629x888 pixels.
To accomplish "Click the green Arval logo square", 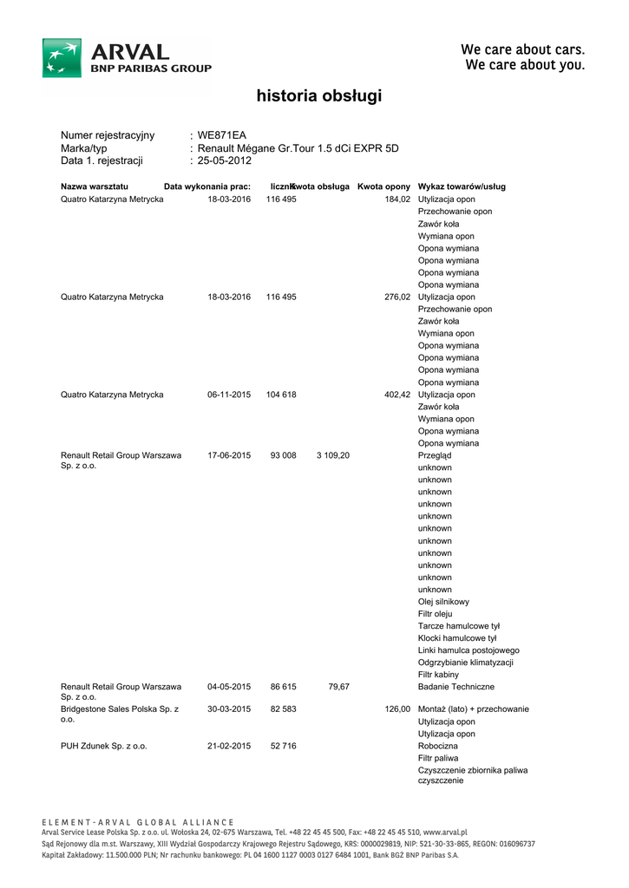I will (62, 57).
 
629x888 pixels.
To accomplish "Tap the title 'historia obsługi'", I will (318, 96).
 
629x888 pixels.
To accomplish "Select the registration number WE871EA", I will (222, 135).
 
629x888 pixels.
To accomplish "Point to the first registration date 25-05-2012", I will (225, 160).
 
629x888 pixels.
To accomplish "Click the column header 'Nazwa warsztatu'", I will (95, 186).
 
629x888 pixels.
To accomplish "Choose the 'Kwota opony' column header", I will (383, 186).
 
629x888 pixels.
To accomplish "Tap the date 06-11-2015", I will (229, 395).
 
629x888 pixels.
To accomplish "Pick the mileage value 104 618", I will (281, 395).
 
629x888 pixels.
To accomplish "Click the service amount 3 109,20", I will (333, 455).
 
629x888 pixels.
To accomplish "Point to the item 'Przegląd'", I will (435, 455).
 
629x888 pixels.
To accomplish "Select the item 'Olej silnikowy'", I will (443, 602).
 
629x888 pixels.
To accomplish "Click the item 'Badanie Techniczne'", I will (456, 687).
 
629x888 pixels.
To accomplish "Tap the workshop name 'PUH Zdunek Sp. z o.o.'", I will (104, 746).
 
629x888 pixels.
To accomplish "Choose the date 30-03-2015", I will (229, 709).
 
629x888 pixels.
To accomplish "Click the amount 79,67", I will (338, 687).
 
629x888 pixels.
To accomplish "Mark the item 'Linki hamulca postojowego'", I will (468, 650).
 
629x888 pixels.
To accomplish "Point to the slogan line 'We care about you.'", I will (525, 65).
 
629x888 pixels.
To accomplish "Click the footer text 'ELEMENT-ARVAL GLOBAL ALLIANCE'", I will (138, 822).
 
